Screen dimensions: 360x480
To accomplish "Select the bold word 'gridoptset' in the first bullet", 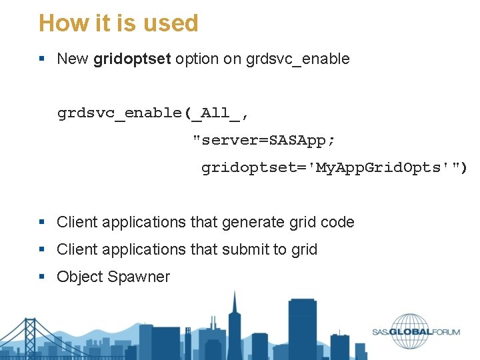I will (131, 59).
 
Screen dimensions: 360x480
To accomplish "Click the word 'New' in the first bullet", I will (73, 59).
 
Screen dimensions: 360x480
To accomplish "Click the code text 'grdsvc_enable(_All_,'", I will (153, 113).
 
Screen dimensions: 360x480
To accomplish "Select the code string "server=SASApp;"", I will (264, 141).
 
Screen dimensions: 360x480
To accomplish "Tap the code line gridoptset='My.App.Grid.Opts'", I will (333, 168).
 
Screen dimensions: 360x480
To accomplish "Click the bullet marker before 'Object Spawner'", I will (42, 277).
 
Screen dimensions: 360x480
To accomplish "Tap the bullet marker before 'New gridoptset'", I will (42, 59).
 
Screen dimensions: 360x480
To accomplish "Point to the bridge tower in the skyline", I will (29, 337).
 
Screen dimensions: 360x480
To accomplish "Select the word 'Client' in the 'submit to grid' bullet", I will (77, 249).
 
